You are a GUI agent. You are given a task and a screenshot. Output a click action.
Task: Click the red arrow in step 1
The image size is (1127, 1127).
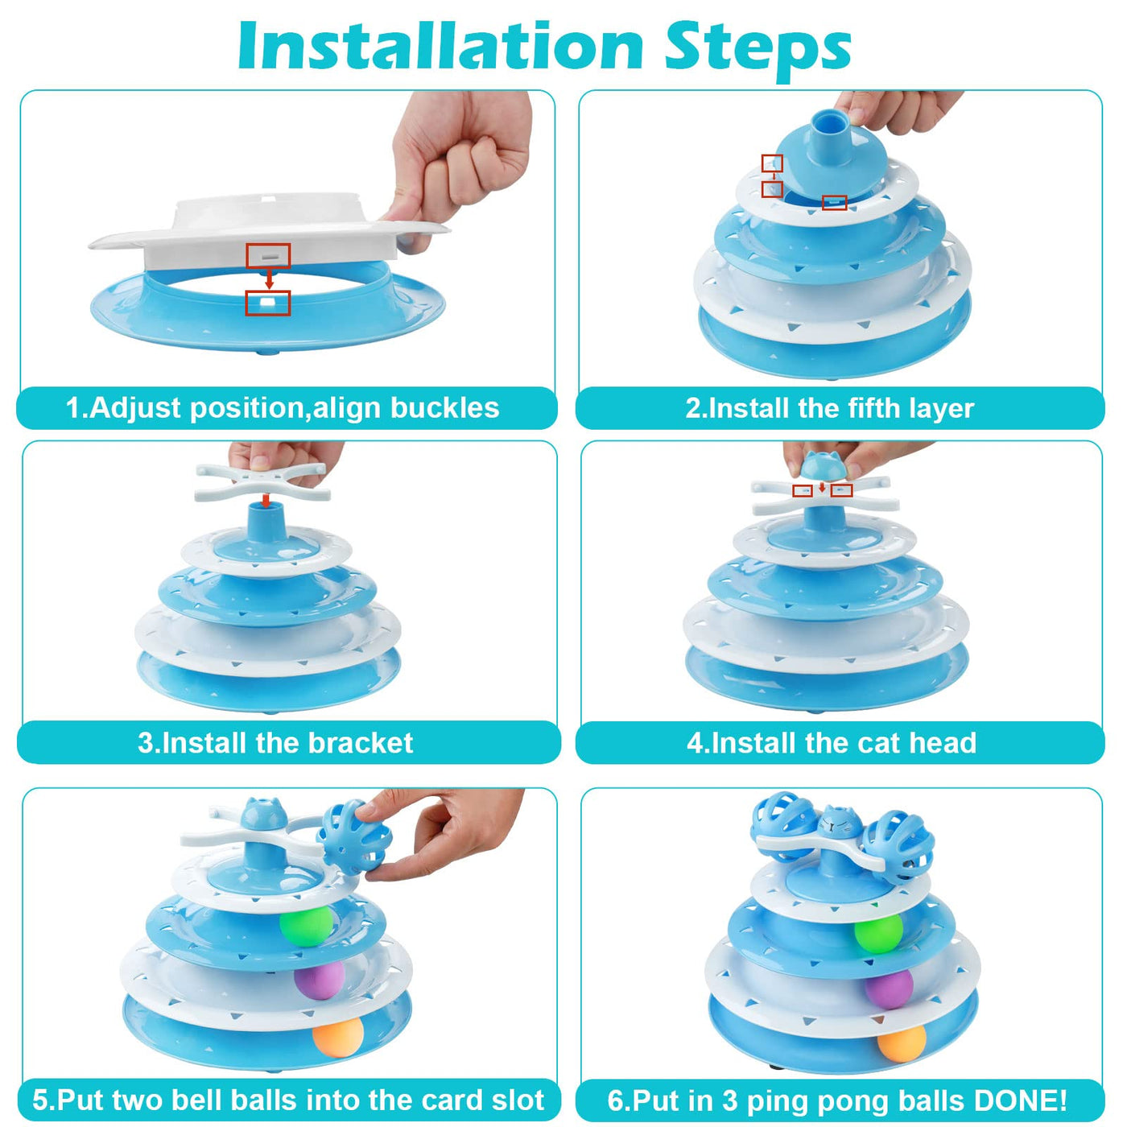pyautogui.click(x=269, y=279)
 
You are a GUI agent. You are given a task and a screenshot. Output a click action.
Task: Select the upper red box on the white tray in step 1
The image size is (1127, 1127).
pyautogui.click(x=268, y=255)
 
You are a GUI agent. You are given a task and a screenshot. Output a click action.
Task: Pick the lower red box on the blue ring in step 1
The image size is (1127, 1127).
pyautogui.click(x=268, y=303)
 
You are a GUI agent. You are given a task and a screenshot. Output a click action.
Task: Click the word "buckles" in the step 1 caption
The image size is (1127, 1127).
pyautogui.click(x=444, y=407)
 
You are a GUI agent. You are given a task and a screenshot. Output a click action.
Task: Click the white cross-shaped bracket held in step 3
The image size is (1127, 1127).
pyautogui.click(x=262, y=481)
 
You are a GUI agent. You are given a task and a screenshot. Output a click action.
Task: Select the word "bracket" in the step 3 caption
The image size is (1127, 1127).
pyautogui.click(x=361, y=743)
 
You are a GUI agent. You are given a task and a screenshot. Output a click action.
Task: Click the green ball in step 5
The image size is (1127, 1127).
pyautogui.click(x=306, y=926)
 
